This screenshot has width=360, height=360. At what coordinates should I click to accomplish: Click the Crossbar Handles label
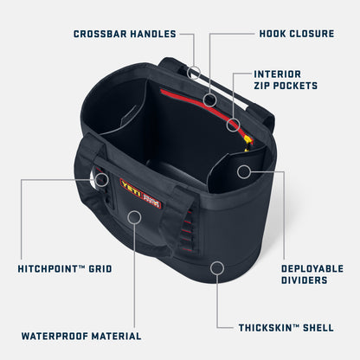tap(125, 34)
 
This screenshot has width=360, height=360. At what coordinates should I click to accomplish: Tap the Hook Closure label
tap(296, 34)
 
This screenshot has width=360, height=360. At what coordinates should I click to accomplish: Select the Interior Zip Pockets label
tap(286, 80)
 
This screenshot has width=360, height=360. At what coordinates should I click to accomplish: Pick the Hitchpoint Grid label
tap(65, 269)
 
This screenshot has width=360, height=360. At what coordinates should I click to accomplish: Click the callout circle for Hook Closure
tap(209, 100)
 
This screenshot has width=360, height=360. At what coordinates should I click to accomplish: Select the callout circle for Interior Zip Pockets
tap(232, 125)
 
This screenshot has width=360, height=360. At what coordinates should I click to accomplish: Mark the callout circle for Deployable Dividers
tap(244, 171)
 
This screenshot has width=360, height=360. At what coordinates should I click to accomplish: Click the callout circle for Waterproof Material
tap(134, 216)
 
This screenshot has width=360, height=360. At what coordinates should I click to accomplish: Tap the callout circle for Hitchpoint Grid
tap(101, 180)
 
